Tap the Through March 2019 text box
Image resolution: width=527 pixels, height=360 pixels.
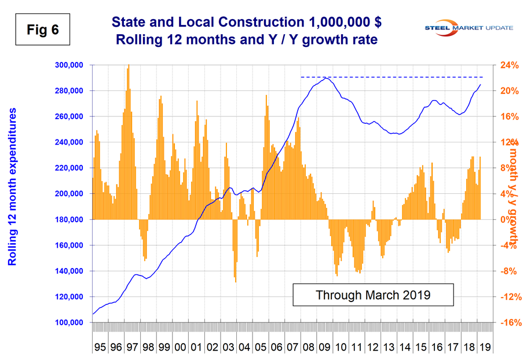pyautogui.click(x=372, y=295)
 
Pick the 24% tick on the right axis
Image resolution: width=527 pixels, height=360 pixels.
pyautogui.click(x=508, y=65)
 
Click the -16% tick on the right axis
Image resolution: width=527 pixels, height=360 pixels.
pyautogui.click(x=508, y=322)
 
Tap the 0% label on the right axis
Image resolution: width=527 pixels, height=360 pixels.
pyautogui.click(x=505, y=220)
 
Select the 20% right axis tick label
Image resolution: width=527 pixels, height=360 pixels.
pyautogui.click(x=508, y=91)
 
